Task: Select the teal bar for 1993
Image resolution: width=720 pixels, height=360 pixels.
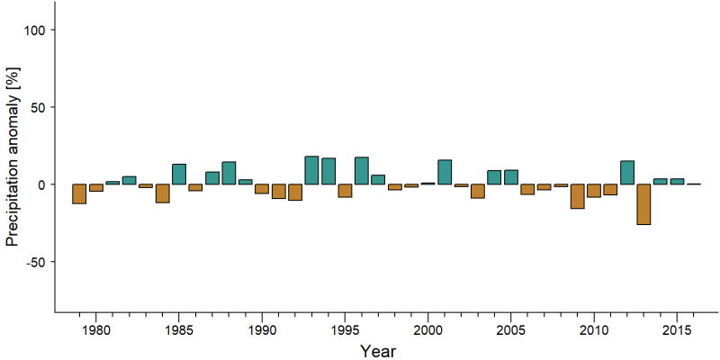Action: coord(311,170)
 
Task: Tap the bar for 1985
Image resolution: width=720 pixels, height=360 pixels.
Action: coord(179,174)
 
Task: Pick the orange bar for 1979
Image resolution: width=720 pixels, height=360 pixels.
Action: coord(79,193)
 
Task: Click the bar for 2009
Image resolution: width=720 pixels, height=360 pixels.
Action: coord(577,196)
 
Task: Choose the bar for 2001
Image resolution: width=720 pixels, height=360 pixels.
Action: coord(445,172)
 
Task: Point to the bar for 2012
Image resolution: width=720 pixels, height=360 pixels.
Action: coord(627,173)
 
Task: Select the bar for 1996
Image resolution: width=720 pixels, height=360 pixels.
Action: coord(362,171)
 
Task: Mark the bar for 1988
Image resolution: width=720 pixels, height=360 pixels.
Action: coord(229,173)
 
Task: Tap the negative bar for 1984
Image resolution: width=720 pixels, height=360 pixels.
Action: coord(163,193)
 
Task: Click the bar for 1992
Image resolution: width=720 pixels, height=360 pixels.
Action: coord(295,193)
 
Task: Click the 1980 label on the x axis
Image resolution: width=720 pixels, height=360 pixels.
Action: coord(96,331)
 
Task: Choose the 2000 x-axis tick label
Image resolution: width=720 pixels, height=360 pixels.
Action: coord(428,331)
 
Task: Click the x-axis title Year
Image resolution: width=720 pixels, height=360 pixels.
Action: coord(377,350)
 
